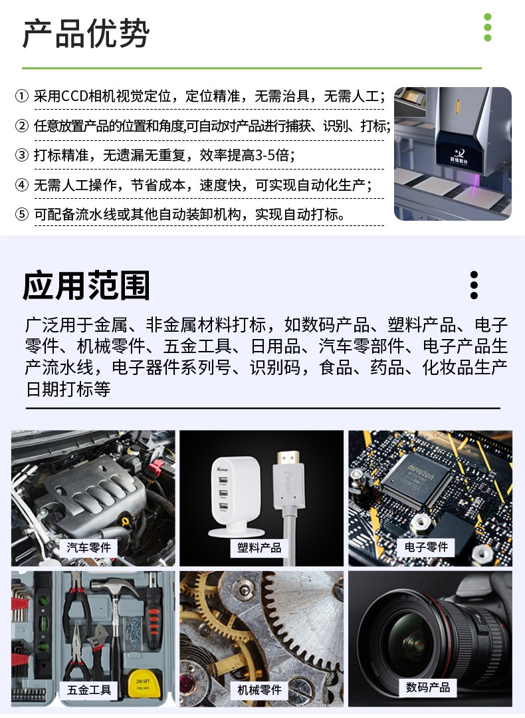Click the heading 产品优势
click(x=86, y=34)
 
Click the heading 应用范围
click(x=86, y=286)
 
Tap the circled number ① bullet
click(x=22, y=96)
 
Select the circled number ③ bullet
click(x=22, y=156)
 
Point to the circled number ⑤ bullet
click(x=22, y=214)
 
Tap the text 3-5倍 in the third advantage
click(x=272, y=156)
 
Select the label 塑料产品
click(x=260, y=548)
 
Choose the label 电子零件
click(x=427, y=547)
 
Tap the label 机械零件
click(x=260, y=689)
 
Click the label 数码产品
click(x=428, y=687)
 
